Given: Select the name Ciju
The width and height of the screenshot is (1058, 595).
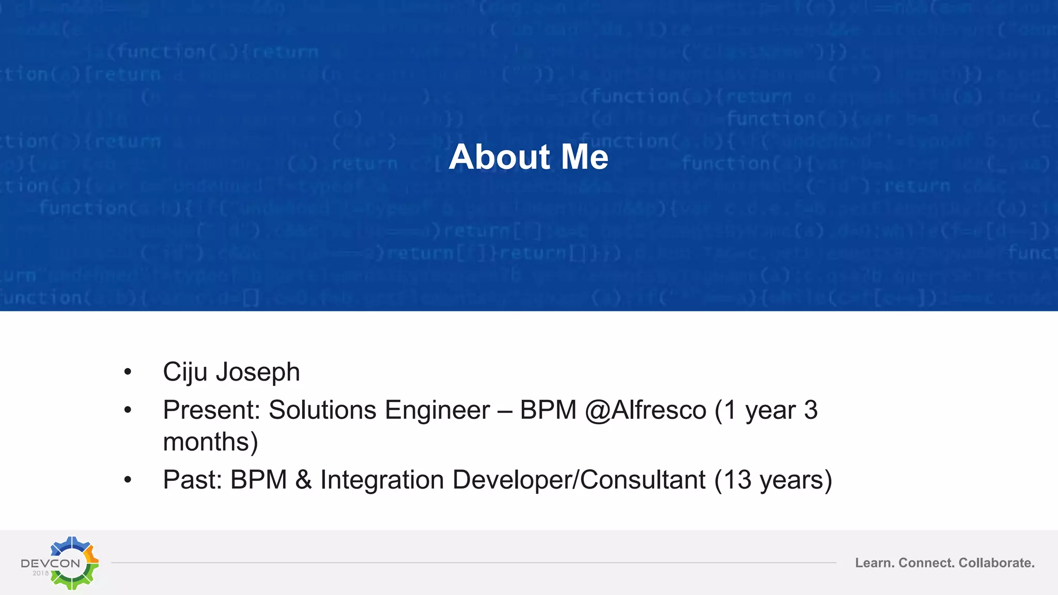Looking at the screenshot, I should [x=185, y=372].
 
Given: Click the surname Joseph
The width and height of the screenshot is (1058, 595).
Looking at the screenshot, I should [x=258, y=372].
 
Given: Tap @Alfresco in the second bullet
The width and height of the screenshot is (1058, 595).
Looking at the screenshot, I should [x=646, y=410].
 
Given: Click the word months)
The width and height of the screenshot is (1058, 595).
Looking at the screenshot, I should [x=210, y=442].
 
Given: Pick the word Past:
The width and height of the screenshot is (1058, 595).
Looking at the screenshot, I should [x=192, y=479].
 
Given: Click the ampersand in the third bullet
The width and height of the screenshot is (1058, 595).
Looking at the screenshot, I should [x=304, y=479].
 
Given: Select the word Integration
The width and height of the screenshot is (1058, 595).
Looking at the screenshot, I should [x=382, y=479].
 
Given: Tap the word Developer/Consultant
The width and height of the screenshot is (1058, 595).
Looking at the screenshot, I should [x=579, y=479].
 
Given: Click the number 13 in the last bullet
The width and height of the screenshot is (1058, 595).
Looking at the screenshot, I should [x=737, y=479].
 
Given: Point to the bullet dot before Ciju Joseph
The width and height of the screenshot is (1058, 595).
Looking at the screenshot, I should [x=128, y=372].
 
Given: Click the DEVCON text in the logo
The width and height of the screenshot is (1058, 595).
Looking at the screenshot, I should [x=50, y=563].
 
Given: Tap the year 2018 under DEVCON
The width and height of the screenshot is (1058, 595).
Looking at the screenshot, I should [x=40, y=573].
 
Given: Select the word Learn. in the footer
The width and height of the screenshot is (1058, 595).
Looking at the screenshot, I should [x=875, y=562].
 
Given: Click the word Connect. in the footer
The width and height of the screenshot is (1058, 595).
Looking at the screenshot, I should [x=926, y=562].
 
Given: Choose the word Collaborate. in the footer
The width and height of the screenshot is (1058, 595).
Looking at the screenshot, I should [x=997, y=562].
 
